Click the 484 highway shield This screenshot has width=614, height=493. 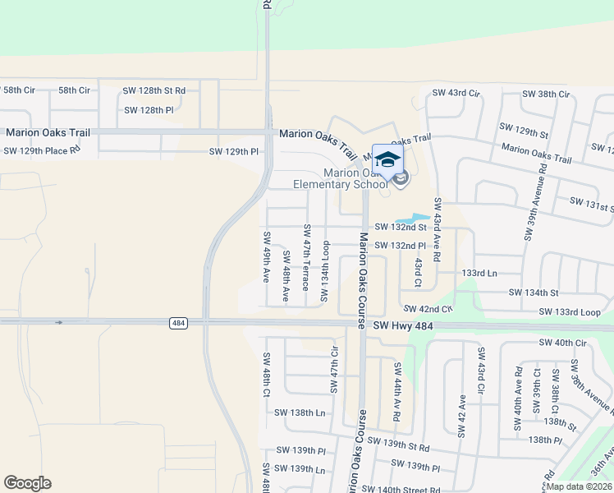pyautogui.click(x=177, y=324)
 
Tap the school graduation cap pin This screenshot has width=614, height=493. pyautogui.click(x=387, y=159)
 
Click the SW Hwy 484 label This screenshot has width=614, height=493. pyautogui.click(x=402, y=326)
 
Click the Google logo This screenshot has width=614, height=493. pyautogui.click(x=27, y=483)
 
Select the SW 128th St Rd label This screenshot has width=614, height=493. pyautogui.click(x=154, y=90)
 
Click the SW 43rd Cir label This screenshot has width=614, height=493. pyautogui.click(x=452, y=93)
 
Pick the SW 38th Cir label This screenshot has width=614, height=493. pyautogui.click(x=546, y=94)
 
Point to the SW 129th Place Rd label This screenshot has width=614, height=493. pyautogui.click(x=42, y=150)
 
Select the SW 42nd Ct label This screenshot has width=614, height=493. pyautogui.click(x=428, y=309)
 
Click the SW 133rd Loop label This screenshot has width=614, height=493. pyautogui.click(x=570, y=312)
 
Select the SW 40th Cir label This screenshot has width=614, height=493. pyautogui.click(x=564, y=342)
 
